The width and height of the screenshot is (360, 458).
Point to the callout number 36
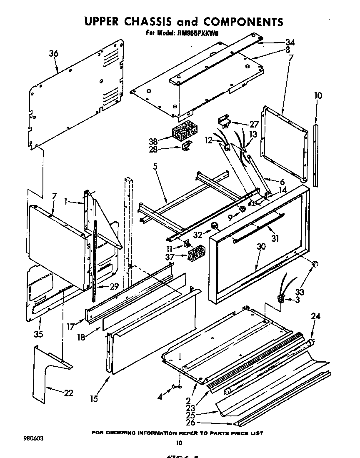tap(53, 53)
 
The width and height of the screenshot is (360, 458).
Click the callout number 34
tap(290, 42)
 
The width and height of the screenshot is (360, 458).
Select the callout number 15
tap(94, 399)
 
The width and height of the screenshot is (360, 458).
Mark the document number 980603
tap(33, 438)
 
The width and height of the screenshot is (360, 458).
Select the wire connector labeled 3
tap(282, 297)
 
